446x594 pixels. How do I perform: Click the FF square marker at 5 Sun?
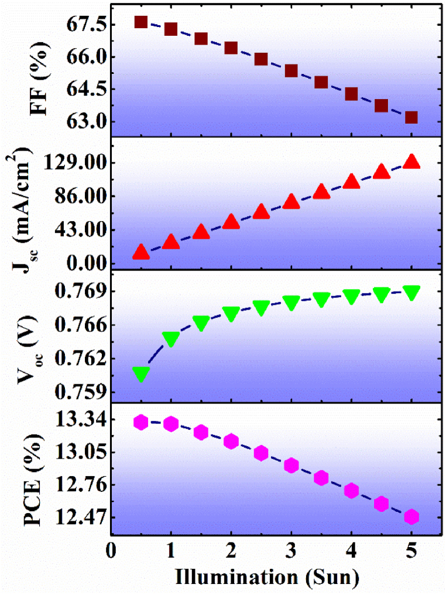411,117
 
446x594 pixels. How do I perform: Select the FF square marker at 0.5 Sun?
140,22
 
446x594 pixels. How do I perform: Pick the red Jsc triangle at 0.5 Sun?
140,252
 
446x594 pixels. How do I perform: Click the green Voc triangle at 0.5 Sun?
140,374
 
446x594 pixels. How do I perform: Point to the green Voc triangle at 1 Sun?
170,338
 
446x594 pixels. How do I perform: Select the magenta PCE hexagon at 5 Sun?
411,517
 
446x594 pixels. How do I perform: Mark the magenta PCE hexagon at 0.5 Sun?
140,422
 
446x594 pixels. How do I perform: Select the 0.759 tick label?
79,391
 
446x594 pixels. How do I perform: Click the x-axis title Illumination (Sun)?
266,578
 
